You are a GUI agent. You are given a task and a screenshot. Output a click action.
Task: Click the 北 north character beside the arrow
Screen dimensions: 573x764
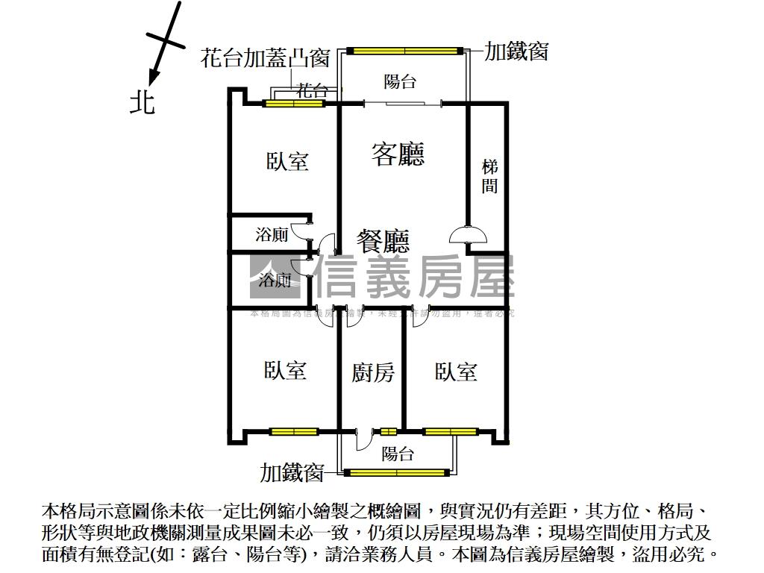[142, 102]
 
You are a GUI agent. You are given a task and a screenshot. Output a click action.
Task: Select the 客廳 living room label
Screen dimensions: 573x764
[398, 154]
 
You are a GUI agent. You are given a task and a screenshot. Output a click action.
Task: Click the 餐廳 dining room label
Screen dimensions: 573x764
[383, 241]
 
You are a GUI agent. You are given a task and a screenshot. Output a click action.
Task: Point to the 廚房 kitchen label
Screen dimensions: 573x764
[373, 372]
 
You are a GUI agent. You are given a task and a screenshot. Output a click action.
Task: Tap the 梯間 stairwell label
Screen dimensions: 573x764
[489, 176]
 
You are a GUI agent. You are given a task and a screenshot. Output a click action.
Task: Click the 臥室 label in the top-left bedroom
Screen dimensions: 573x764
[287, 161]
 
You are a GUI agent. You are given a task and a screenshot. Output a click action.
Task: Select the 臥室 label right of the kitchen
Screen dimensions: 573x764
[456, 372]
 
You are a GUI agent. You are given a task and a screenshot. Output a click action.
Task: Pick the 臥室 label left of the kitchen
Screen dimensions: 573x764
[285, 370]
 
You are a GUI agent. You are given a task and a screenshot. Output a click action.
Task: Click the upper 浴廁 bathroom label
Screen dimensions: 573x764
[272, 235]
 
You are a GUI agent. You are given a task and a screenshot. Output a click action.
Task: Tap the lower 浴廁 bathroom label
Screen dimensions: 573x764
[275, 281]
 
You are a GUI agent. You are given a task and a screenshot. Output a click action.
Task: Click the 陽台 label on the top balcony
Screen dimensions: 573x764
[400, 81]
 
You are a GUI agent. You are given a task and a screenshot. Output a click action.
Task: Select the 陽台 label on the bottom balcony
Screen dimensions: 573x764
[397, 454]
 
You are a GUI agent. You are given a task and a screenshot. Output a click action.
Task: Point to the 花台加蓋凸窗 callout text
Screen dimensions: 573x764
[265, 58]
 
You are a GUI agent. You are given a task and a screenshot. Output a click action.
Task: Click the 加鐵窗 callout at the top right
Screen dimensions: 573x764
[517, 51]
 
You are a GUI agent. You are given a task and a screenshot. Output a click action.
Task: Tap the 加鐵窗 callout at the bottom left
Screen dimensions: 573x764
[292, 472]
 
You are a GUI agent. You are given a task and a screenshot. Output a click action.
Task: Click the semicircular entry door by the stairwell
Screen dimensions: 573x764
[468, 235]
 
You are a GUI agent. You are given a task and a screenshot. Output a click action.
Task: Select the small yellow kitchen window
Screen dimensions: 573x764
[388, 431]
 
